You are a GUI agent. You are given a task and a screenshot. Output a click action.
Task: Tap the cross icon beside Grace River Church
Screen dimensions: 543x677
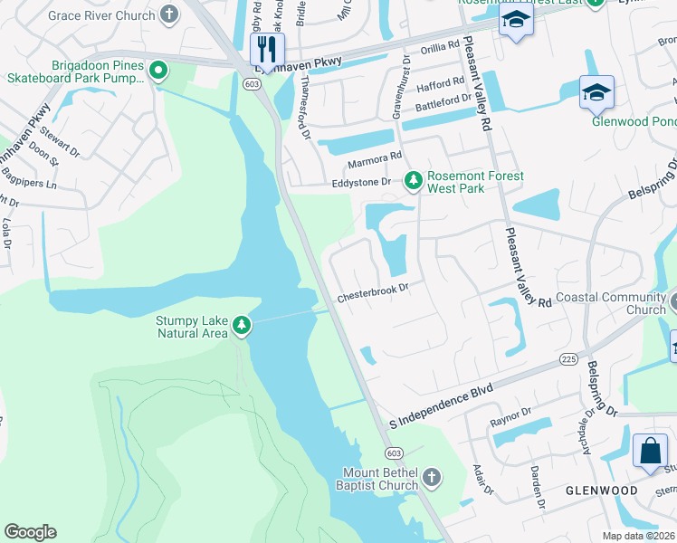(169, 14)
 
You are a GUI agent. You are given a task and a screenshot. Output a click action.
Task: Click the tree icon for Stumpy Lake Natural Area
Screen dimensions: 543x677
(241, 324)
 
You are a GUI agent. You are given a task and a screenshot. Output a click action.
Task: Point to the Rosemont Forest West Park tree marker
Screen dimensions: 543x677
(414, 182)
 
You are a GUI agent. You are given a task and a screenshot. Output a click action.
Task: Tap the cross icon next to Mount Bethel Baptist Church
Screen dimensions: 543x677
(433, 478)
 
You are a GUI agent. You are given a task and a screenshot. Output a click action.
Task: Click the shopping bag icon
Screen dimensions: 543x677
(650, 451)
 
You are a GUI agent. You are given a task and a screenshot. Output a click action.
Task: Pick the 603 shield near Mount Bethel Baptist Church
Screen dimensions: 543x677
(393, 452)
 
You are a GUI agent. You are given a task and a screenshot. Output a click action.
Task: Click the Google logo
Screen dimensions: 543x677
(30, 532)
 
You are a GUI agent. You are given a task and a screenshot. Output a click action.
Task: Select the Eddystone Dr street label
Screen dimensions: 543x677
(359, 182)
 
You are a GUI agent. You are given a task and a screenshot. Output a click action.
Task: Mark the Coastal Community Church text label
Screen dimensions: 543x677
(623, 303)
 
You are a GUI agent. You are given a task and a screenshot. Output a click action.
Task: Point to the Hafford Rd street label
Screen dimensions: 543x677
(441, 85)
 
